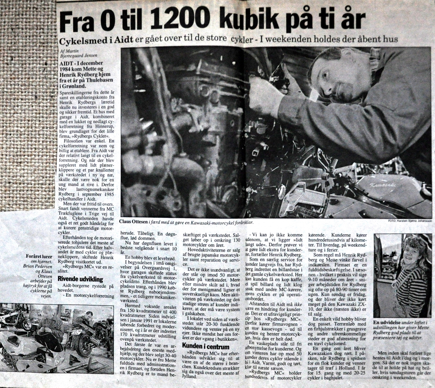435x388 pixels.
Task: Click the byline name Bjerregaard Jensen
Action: [x=79, y=55]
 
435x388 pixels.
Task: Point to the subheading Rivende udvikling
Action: [x=80, y=280]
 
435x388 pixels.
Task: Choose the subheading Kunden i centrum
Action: [x=206, y=346]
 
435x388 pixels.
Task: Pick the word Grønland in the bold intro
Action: [x=75, y=86]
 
